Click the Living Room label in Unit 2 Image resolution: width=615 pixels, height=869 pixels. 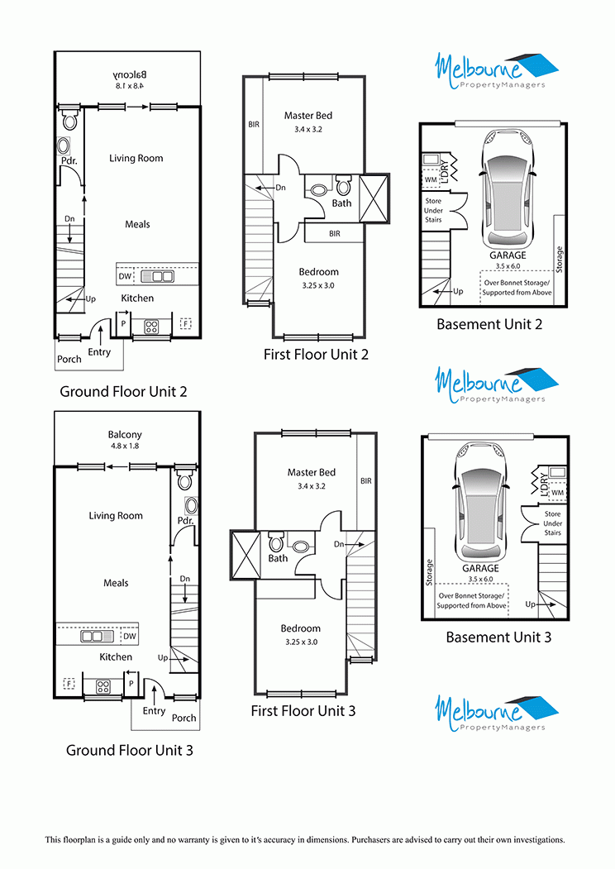click(x=136, y=159)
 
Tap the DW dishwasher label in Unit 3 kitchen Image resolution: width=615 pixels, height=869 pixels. click(x=130, y=636)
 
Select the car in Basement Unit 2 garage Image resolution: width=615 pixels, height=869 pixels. click(x=508, y=189)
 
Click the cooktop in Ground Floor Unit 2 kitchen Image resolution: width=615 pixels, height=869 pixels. click(x=151, y=327)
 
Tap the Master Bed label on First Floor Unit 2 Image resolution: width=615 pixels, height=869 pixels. click(x=308, y=116)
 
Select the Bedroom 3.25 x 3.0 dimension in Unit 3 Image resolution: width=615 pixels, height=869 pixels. click(x=302, y=642)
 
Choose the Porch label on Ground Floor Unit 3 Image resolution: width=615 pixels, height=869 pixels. click(x=184, y=718)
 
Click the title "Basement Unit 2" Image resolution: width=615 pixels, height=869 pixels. click(x=489, y=324)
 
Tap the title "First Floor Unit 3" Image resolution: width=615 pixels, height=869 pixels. click(x=303, y=711)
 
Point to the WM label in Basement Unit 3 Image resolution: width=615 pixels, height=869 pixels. click(x=557, y=492)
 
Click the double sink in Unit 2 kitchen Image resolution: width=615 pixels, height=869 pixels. click(x=157, y=276)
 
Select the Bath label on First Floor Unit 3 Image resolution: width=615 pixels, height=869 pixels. click(x=278, y=559)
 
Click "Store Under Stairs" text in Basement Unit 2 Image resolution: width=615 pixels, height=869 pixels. click(x=433, y=210)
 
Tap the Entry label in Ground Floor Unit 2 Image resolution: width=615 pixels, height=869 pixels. click(x=99, y=352)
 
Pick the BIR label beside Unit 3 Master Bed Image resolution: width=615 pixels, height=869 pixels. click(x=366, y=481)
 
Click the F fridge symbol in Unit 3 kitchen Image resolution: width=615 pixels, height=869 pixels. click(x=69, y=684)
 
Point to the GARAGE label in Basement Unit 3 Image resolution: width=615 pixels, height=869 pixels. click(x=481, y=568)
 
